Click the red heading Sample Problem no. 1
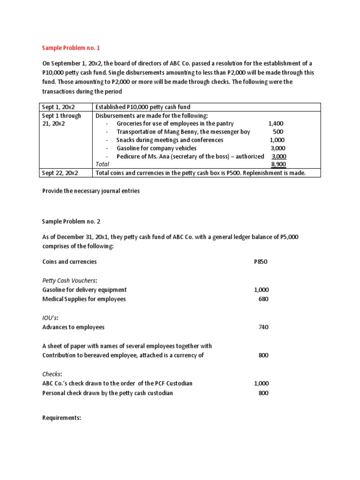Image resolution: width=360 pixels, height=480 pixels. (71, 48)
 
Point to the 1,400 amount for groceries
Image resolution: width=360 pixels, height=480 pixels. (276, 124)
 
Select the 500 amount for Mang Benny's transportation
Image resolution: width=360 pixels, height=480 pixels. (278, 132)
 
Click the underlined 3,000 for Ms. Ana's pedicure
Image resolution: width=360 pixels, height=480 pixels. (278, 156)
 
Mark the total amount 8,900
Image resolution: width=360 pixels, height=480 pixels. (278, 164)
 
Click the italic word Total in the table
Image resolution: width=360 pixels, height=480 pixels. (102, 164)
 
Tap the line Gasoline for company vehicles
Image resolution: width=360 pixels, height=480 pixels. (157, 148)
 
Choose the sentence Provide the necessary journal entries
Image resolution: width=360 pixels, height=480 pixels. (91, 191)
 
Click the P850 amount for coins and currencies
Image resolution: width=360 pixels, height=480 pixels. (260, 262)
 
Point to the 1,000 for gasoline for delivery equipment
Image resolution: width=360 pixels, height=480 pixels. (261, 290)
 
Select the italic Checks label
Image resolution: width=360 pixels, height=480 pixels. (52, 374)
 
